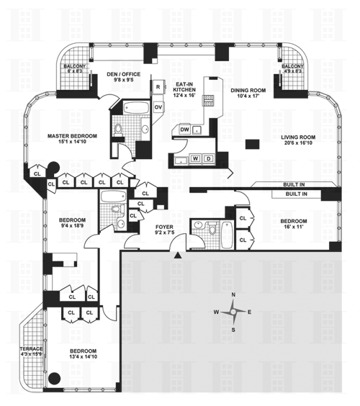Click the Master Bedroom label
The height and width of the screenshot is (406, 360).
(x=72, y=138)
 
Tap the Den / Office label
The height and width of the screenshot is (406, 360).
(x=124, y=77)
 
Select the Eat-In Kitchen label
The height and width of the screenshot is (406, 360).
(x=184, y=89)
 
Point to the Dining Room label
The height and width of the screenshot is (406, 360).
(x=248, y=93)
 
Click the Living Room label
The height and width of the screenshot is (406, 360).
(x=298, y=140)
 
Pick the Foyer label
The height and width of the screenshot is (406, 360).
(x=164, y=230)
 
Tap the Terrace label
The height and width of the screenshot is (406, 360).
(x=31, y=351)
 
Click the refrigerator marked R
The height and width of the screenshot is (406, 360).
(x=158, y=87)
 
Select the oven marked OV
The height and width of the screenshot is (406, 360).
(x=158, y=107)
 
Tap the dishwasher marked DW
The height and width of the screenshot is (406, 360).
(x=184, y=130)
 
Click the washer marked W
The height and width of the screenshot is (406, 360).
(x=196, y=158)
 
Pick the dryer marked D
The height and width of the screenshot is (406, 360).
(x=209, y=158)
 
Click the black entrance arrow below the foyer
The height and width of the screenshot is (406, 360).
(x=177, y=256)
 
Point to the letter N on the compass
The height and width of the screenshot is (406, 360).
(x=233, y=294)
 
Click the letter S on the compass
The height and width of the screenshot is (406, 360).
(x=233, y=330)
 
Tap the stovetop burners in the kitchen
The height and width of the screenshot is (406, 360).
(x=209, y=101)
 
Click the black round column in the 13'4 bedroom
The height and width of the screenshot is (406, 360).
(x=55, y=379)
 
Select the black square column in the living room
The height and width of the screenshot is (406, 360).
(x=252, y=144)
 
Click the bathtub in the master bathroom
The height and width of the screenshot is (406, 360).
(x=136, y=107)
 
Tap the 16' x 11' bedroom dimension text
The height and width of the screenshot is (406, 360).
(x=294, y=227)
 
